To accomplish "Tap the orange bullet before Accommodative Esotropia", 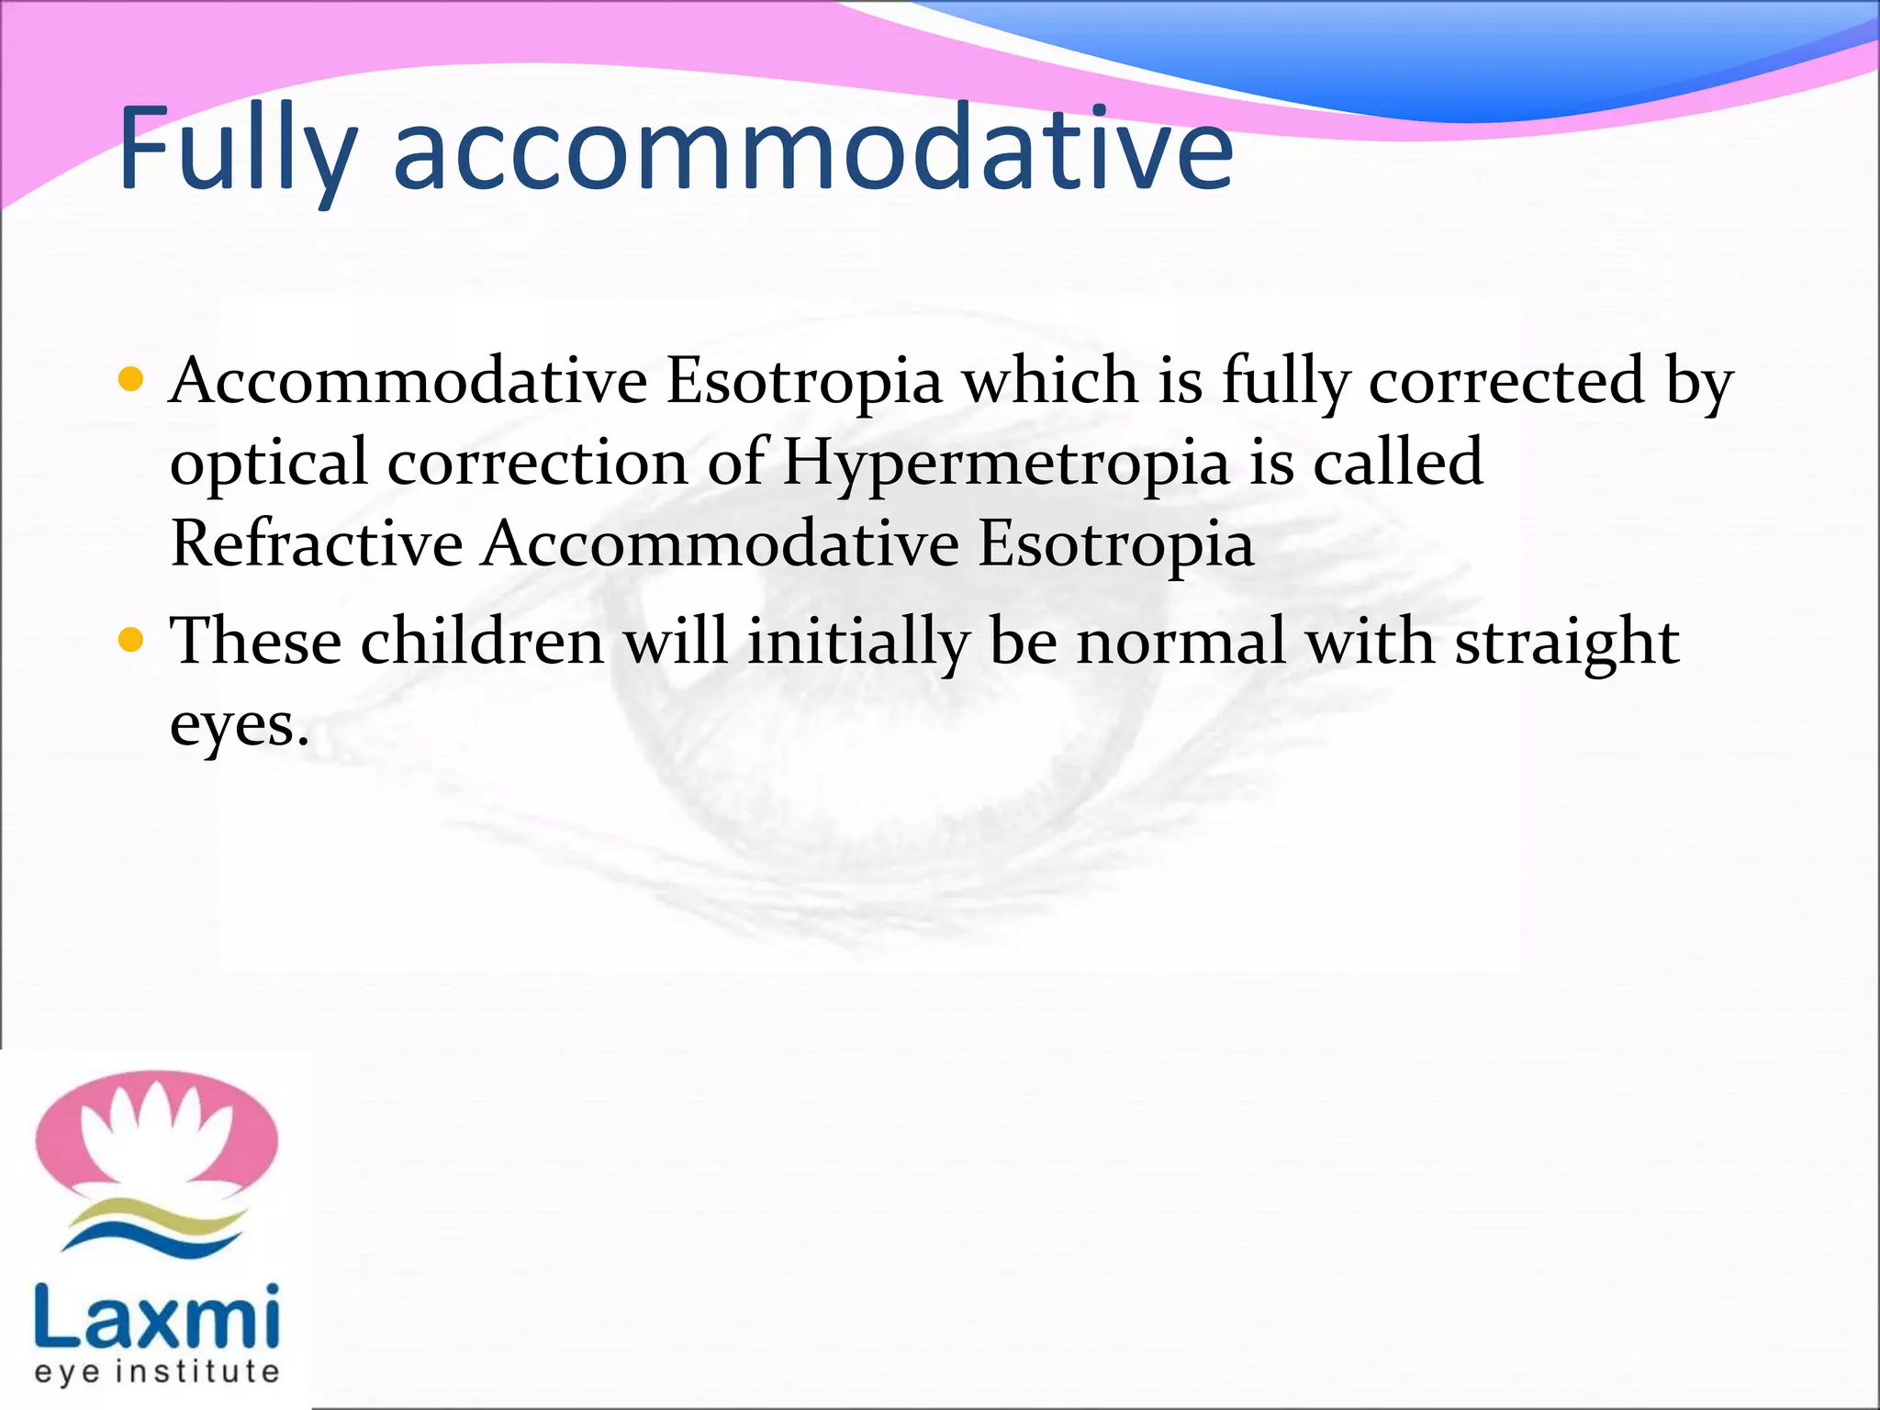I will coord(131,379).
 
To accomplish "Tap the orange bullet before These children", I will coord(131,639).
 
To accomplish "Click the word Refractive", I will coord(317,543).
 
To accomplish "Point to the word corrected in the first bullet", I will coord(1506,381).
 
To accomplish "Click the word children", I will coord(482,641).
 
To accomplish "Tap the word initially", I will coord(858,643).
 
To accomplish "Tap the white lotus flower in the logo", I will coord(153,1134).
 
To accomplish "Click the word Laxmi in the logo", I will coord(156,1316).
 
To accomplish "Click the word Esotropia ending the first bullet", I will coord(1115,543).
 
